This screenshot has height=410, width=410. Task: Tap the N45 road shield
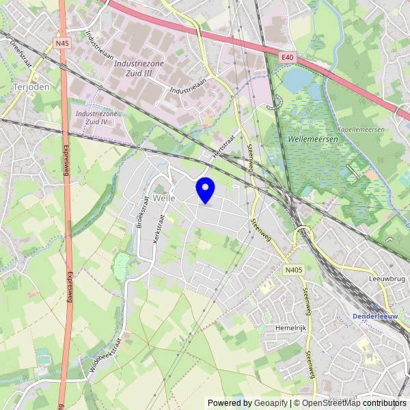click(63, 43)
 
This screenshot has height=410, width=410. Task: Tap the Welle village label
click(165, 197)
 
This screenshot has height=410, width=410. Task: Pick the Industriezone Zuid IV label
click(92, 118)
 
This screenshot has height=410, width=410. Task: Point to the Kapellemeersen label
click(361, 129)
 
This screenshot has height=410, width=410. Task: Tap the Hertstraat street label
click(220, 146)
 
